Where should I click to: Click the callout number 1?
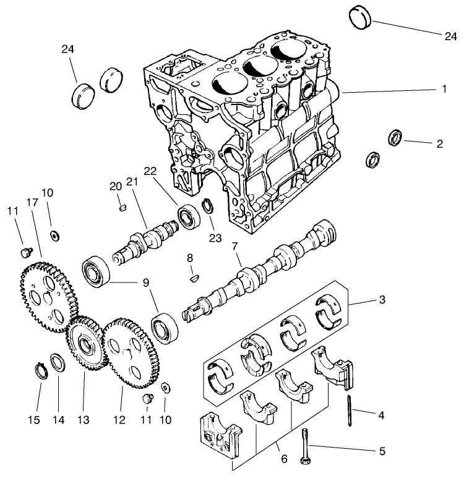click(444, 88)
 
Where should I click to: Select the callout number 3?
click(382, 300)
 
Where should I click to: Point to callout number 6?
click(284, 458)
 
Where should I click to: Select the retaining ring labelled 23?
click(209, 206)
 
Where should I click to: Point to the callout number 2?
click(439, 144)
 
